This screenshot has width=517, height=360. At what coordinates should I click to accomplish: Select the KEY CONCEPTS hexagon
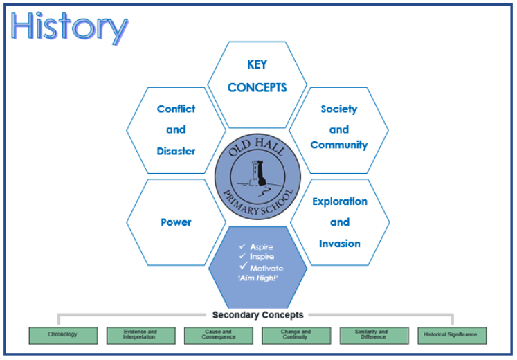257,76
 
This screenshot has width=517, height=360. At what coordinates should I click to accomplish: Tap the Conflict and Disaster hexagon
176,129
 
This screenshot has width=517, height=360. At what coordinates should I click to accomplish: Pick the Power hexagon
176,222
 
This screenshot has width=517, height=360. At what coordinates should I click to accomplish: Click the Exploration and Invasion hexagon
339,222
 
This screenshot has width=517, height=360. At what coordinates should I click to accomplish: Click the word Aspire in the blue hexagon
262,246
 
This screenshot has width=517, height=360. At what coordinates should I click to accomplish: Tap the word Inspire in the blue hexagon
262,257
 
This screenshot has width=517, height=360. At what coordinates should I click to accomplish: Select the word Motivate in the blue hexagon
266,268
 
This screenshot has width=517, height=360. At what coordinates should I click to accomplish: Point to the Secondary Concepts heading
257,315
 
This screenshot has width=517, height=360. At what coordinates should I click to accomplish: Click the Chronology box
62,335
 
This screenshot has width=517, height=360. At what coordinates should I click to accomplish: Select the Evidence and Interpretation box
140,335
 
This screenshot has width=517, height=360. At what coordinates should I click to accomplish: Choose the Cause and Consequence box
219,335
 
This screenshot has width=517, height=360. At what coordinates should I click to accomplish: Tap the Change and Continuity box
296,335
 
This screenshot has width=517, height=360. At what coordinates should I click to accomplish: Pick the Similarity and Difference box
374,335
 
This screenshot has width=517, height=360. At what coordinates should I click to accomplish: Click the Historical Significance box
451,335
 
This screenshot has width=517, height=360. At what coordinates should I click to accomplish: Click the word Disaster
176,151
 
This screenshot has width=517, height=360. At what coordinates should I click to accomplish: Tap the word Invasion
339,244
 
